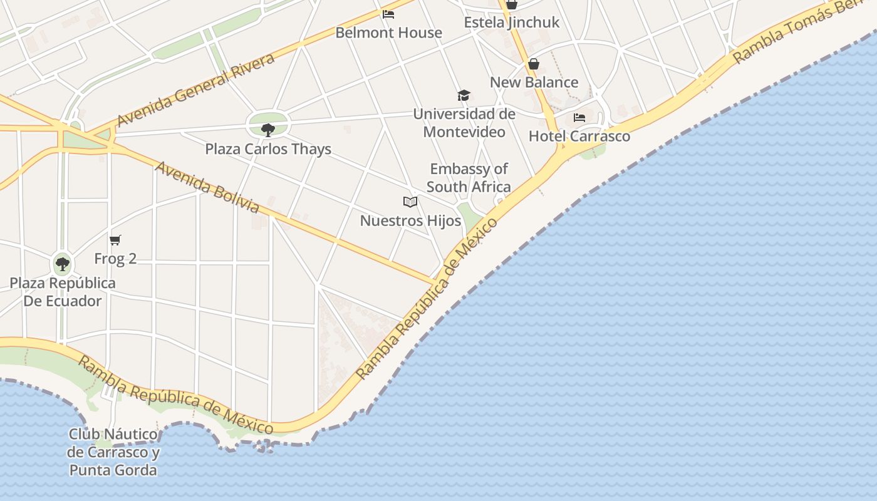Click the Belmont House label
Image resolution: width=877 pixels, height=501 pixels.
tap(388, 33)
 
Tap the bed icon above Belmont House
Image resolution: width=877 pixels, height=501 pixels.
tap(388, 14)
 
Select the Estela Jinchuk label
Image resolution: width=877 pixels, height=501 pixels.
tap(512, 23)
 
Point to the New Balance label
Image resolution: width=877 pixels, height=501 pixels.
tap(534, 82)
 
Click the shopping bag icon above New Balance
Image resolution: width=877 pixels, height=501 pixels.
tap(533, 64)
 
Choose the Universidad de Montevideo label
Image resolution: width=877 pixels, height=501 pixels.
tap(464, 123)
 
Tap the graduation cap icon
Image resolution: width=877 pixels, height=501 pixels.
tap(464, 95)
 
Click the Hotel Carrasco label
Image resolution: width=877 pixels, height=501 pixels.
tap(579, 136)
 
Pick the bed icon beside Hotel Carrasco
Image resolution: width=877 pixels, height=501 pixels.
tap(579, 117)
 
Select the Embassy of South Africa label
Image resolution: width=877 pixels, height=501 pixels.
tap(469, 178)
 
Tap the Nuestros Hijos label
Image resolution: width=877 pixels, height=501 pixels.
tap(410, 220)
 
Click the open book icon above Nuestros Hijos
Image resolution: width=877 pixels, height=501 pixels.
tap(410, 202)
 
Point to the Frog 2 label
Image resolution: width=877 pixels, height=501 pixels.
tap(115, 258)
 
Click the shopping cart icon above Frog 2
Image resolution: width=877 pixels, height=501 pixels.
tap(115, 240)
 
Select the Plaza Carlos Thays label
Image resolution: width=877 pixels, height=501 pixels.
tap(268, 149)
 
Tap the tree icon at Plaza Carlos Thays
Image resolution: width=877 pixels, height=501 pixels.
tap(268, 130)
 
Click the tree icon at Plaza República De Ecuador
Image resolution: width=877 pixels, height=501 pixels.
tap(63, 264)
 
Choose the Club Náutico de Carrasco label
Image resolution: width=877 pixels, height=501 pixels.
tap(113, 452)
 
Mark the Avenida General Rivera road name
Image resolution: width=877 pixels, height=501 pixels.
tap(195, 90)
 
